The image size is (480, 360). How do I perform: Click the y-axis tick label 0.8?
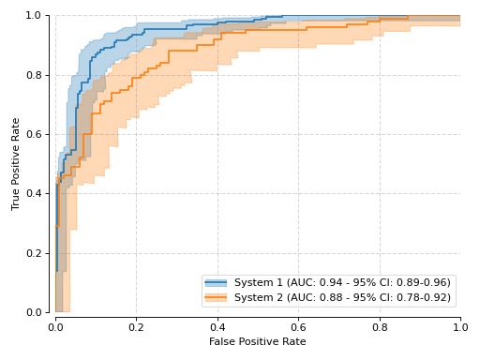34,75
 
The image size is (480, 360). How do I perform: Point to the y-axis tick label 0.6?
34,134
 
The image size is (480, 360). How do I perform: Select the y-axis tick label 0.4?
34,193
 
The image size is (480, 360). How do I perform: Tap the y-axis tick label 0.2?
34,253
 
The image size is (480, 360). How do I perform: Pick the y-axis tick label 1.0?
34,15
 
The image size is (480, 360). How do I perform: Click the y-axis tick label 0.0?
34,312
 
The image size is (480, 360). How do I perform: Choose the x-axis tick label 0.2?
136,327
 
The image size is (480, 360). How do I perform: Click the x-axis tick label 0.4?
217,327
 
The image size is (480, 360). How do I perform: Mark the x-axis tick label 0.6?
298,327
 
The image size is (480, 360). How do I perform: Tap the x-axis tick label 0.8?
380,327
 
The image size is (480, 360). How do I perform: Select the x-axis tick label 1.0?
460,327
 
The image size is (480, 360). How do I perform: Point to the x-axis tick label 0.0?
55,327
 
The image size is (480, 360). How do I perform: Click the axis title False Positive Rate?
258,341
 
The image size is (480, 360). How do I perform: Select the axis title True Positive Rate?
15,164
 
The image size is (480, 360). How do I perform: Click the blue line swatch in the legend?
216,283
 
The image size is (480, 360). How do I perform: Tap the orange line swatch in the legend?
216,297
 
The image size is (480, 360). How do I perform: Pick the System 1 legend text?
259,282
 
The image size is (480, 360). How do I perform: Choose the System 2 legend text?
259,297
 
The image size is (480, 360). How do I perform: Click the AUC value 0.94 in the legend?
331,282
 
